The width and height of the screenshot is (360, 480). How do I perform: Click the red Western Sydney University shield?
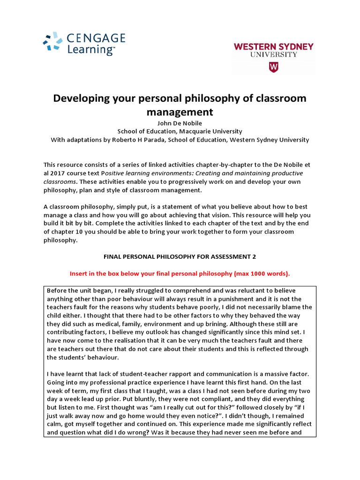pyautogui.click(x=273, y=67)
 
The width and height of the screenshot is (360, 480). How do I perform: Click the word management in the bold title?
pyautogui.click(x=180, y=112)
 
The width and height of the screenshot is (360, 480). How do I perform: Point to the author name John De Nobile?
pyautogui.click(x=180, y=123)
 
